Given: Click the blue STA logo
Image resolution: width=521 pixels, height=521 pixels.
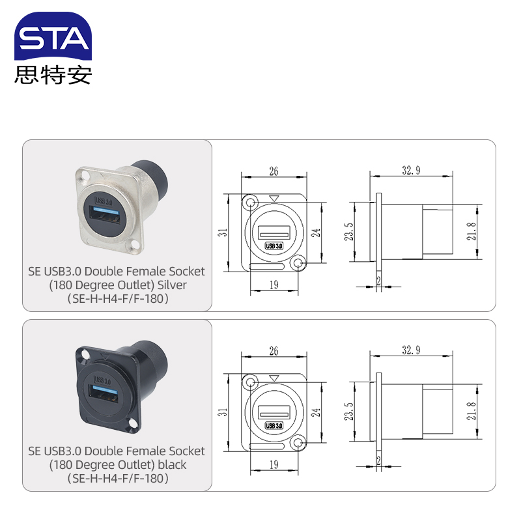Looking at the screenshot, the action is pos(53,36).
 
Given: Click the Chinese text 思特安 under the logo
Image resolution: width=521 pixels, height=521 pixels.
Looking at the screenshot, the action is pos(53,75).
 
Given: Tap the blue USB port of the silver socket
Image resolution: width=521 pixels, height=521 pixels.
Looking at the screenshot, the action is pos(106,211).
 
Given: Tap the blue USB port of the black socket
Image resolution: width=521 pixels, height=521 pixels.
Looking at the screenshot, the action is pos(105,389).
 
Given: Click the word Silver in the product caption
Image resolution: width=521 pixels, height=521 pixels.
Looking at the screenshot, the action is pos(172,285).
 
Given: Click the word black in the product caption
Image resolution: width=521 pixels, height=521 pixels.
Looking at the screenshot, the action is pos(172,464).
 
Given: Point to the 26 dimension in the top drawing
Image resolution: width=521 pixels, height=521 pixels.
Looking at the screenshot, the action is pos(274,171).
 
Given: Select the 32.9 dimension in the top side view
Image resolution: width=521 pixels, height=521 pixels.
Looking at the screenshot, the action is pos(411,170).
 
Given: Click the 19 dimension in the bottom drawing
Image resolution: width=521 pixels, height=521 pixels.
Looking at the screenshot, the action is pos(274,464).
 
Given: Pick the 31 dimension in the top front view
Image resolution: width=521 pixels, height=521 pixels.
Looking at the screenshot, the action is pos(222,232).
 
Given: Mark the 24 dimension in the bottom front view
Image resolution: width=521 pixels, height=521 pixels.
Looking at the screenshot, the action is pos(315,412).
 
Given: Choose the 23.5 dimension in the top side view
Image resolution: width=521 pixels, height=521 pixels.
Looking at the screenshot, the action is pos(348,232).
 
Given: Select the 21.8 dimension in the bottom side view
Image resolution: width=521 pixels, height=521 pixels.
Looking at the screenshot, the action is pos(471,411).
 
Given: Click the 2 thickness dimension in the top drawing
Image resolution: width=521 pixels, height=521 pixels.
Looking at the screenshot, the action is pos(378,281).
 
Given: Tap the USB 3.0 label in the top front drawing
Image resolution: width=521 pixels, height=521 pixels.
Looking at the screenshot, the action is pos(274,246).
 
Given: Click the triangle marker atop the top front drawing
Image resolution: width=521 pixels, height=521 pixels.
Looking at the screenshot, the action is pos(274,199).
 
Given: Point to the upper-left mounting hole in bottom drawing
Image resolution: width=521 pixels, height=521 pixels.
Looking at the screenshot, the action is pos(250,382).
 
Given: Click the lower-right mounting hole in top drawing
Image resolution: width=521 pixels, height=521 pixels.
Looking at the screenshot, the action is pos(298,264).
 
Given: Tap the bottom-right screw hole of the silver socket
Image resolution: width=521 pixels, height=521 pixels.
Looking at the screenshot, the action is pos(135,246).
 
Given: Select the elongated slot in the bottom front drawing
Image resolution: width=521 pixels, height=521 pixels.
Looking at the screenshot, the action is pos(266,446).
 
